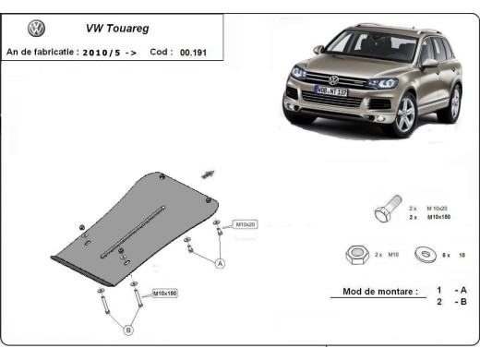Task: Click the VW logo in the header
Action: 37,29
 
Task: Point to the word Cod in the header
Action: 158,53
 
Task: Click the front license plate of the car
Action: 330,90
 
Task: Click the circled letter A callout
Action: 221,264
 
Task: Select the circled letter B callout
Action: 128,330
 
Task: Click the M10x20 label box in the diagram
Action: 245,224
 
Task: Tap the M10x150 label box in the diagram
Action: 164,293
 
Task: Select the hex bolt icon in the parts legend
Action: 385,212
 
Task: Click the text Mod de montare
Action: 373,291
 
